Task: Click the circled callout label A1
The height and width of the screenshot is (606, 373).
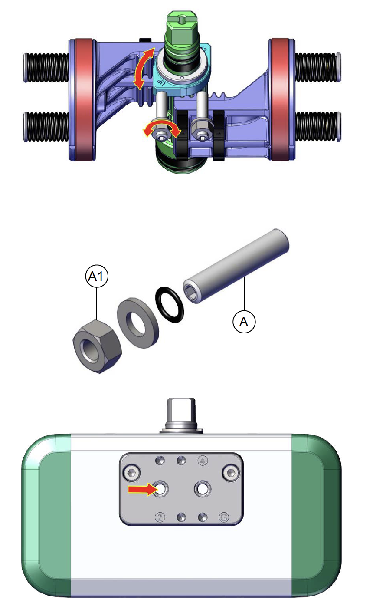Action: click(x=97, y=276)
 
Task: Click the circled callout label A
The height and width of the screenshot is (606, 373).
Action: click(x=244, y=322)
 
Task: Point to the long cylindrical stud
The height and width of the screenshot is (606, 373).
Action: click(x=236, y=266)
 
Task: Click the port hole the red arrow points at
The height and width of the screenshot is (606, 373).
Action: click(x=160, y=489)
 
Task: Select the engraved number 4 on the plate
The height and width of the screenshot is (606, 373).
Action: click(x=203, y=461)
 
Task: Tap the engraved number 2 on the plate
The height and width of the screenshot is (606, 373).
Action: click(x=160, y=517)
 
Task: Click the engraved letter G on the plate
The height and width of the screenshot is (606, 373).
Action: click(x=224, y=517)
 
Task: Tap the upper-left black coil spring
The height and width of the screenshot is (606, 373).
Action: click(x=46, y=68)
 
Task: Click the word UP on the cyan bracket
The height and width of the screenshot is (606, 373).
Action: click(x=161, y=83)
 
